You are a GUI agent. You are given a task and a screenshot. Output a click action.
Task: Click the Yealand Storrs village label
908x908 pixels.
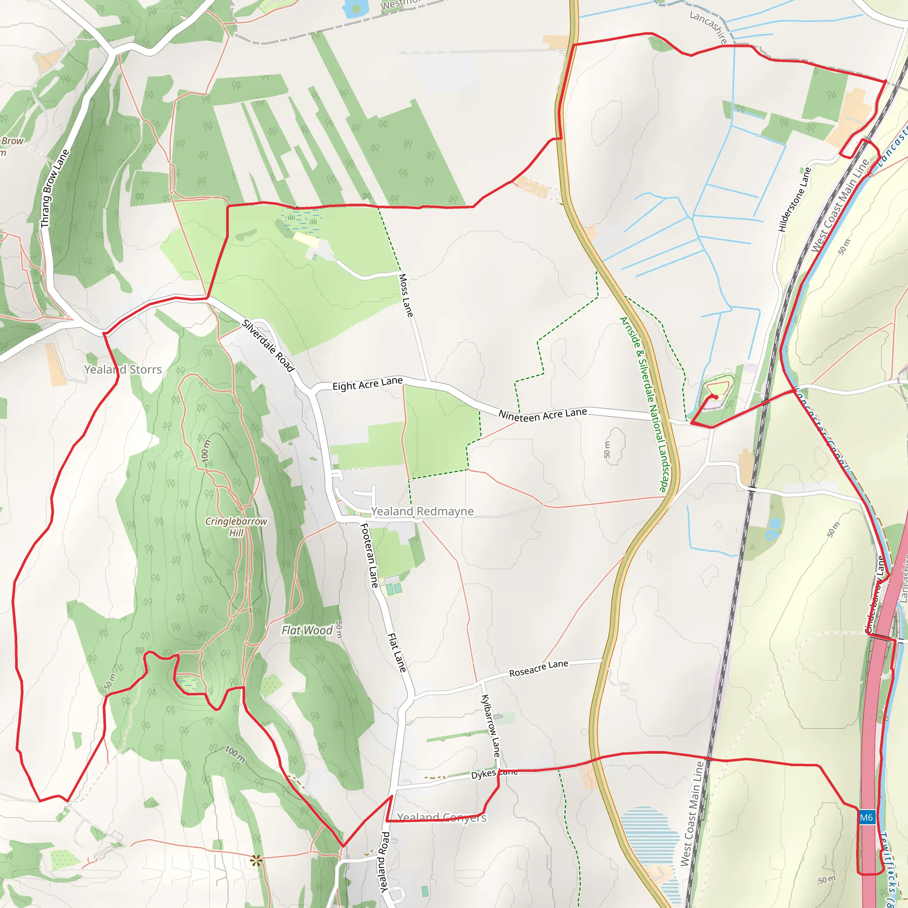click(x=123, y=369)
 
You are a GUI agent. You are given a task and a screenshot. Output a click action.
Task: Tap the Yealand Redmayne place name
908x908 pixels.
click(x=422, y=511)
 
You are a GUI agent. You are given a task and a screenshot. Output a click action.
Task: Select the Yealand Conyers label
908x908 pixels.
click(x=442, y=817)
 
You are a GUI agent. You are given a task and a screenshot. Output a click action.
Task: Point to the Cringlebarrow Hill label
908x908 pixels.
click(x=236, y=527)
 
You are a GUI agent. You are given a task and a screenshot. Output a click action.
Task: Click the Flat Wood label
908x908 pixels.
click(x=307, y=630)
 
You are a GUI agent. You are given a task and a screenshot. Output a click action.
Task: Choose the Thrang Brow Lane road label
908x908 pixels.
click(x=55, y=189)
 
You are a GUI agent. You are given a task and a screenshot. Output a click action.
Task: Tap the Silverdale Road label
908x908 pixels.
click(x=268, y=345)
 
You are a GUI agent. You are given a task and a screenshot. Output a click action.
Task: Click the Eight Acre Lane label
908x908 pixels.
click(x=368, y=384)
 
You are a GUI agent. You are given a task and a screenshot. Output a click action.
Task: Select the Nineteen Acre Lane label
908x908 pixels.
click(x=542, y=415)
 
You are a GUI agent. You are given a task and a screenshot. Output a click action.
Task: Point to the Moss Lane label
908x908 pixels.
click(x=406, y=296)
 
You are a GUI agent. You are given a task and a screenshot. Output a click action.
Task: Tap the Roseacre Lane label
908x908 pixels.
click(x=539, y=668)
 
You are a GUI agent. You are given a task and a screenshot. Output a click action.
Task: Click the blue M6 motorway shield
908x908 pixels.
click(x=866, y=817)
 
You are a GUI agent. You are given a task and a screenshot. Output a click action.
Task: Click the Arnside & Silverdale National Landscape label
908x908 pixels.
click(x=646, y=404)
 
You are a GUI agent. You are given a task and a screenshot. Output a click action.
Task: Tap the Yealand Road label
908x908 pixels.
click(x=384, y=862)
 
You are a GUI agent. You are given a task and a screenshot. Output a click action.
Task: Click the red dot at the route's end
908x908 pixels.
click(x=716, y=397)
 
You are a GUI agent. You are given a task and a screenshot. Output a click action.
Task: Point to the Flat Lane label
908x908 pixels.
click(x=397, y=652)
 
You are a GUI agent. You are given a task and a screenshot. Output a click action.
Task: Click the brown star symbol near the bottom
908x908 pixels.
click(x=256, y=861)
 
